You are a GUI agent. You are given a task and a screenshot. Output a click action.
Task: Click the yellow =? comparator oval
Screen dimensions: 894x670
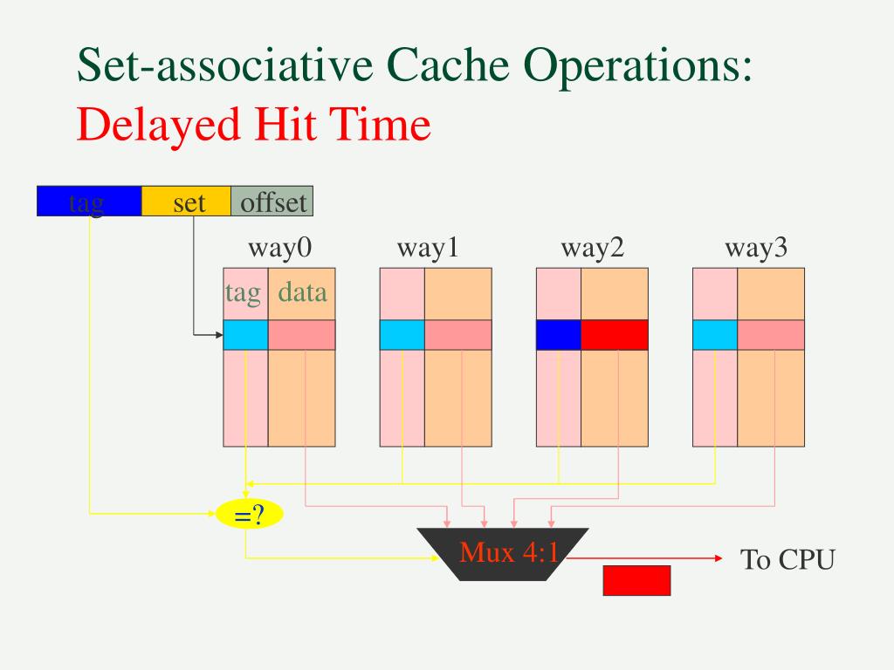[250, 516]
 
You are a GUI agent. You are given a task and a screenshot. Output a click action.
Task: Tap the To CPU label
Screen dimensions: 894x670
[787, 559]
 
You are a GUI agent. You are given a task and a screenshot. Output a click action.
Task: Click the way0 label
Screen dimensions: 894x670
[279, 249]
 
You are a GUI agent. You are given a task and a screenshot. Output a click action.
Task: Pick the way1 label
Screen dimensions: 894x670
[427, 249]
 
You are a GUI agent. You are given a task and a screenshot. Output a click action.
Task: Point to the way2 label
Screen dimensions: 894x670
[593, 249]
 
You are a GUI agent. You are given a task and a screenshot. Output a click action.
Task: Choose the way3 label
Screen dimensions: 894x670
[756, 249]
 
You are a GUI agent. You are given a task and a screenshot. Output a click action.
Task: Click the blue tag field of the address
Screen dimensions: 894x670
[88, 202]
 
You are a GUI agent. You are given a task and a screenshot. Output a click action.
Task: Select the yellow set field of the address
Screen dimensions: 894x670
[186, 202]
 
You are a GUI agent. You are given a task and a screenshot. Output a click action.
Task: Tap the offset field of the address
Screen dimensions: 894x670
[272, 202]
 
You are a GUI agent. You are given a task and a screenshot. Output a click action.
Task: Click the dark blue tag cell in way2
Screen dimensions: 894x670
[558, 335]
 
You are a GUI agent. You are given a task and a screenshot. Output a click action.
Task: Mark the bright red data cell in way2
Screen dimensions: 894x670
[615, 335]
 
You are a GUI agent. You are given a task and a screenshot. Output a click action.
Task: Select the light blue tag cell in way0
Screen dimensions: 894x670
[245, 335]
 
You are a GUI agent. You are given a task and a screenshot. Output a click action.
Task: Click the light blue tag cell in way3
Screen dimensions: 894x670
[715, 335]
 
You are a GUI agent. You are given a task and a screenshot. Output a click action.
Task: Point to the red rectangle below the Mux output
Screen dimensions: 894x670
[636, 580]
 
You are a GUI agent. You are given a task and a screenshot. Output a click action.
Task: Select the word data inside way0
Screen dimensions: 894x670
[302, 291]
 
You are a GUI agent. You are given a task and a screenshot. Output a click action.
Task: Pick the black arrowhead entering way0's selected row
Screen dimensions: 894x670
[218, 335]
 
